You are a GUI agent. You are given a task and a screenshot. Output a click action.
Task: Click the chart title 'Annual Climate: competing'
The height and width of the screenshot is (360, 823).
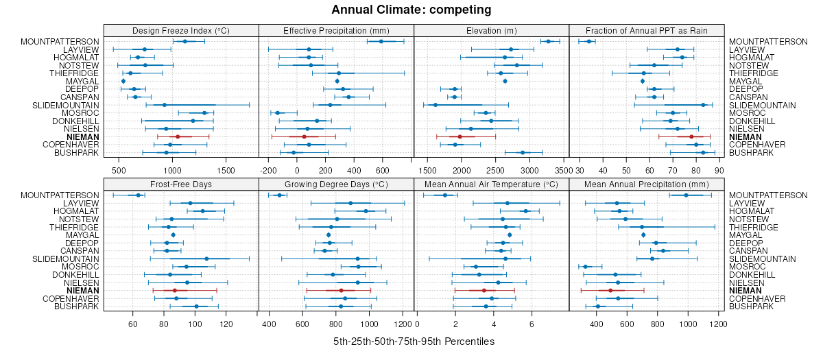coord(411,10)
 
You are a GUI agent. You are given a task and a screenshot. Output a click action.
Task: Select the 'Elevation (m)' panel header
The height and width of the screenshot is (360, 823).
coord(492,30)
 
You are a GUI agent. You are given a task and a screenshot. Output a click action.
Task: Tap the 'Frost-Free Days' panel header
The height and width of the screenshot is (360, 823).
coord(181,184)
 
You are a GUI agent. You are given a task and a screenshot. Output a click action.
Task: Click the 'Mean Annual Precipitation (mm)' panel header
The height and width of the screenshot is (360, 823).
coord(647,184)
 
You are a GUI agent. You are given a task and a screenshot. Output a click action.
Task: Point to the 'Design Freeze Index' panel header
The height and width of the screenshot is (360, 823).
coord(181,30)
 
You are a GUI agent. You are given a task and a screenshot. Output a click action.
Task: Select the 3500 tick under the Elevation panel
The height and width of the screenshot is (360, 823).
coord(564,169)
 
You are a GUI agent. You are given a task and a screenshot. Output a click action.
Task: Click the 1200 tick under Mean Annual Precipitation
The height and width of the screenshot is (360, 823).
coord(718,323)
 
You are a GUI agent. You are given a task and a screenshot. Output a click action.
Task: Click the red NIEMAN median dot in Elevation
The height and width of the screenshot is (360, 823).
coord(460,137)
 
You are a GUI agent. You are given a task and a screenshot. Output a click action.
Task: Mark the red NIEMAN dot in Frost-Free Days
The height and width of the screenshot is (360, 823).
coord(174,291)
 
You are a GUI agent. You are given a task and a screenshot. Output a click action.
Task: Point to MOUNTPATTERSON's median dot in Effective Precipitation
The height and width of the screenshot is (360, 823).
coord(381,42)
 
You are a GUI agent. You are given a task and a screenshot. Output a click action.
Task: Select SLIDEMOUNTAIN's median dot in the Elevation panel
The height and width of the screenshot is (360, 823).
coord(436,105)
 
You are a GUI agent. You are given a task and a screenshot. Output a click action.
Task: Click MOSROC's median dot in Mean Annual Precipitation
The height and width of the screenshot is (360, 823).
coord(585,267)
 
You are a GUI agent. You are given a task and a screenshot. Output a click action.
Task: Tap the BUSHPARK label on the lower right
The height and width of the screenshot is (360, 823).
coord(750,307)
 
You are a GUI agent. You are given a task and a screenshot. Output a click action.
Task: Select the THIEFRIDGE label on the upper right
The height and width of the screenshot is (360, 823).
coord(753,73)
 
